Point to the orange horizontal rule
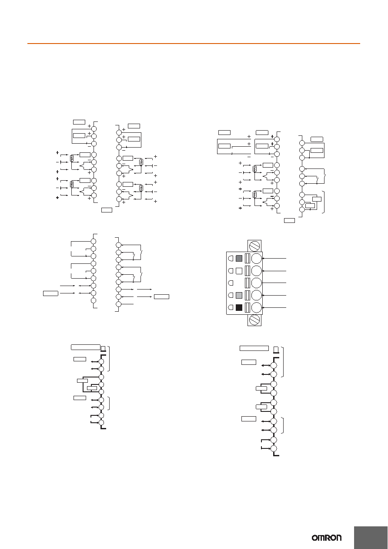(194, 44)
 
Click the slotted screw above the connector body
(254, 246)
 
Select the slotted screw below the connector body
(254, 320)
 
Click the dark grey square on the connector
(239, 258)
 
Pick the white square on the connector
(239, 271)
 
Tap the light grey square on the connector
(239, 295)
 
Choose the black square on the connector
(239, 307)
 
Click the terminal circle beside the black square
(257, 307)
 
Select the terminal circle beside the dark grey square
(257, 258)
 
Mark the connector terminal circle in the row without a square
(257, 283)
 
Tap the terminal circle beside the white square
(257, 271)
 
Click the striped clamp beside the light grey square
(247, 295)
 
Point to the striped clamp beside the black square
(247, 307)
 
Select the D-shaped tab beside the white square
(231, 271)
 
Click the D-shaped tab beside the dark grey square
(231, 258)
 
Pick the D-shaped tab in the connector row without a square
(231, 283)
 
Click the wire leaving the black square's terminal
(274, 307)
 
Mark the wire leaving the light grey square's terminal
(274, 295)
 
